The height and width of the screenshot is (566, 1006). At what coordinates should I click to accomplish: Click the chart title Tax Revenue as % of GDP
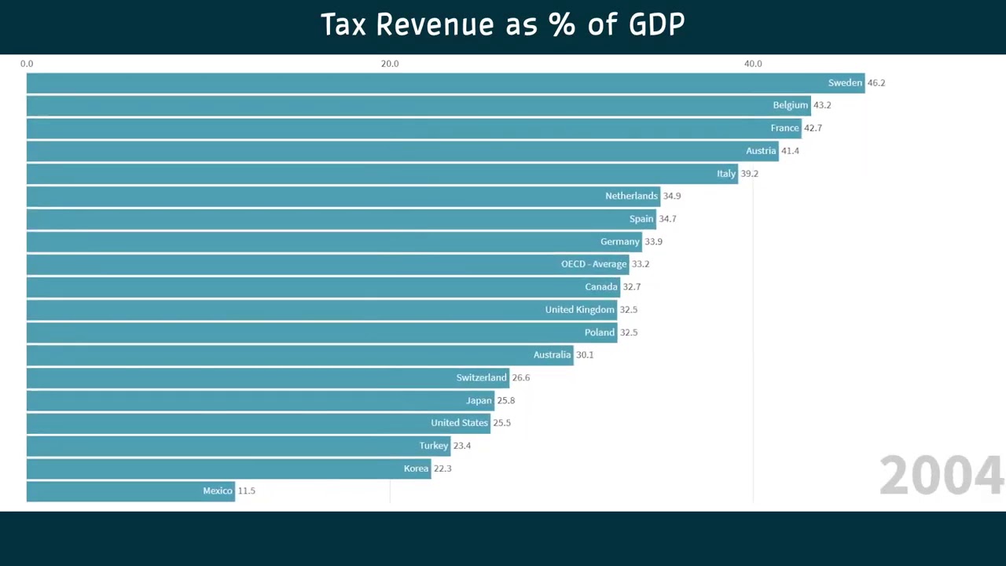(x=503, y=25)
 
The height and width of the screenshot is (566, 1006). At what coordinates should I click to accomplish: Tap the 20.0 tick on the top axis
(x=390, y=64)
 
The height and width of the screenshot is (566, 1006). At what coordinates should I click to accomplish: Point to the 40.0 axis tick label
(x=753, y=64)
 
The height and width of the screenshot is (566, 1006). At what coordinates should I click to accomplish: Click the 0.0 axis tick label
(x=27, y=64)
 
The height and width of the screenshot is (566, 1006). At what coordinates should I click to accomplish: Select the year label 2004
(x=941, y=476)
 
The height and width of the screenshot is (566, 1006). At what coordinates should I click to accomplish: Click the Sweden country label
(x=845, y=83)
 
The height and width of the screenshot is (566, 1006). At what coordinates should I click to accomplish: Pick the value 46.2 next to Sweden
(x=876, y=83)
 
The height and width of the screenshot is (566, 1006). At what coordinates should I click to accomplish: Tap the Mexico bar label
(x=218, y=491)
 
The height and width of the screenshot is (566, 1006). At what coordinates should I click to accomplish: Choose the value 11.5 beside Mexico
(x=247, y=491)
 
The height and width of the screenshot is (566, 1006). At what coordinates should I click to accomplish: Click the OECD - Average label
(x=593, y=264)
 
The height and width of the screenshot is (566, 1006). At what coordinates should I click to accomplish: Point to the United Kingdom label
(x=579, y=310)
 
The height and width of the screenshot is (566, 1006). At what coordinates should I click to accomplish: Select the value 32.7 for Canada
(x=632, y=287)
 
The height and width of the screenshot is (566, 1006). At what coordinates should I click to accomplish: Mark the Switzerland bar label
(x=481, y=378)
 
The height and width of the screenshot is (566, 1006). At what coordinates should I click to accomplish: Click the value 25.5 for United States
(x=501, y=423)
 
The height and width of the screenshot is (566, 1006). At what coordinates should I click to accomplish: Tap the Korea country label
(x=417, y=469)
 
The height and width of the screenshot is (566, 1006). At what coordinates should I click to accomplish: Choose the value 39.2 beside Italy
(x=749, y=174)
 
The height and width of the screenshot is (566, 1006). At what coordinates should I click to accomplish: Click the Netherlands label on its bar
(x=631, y=196)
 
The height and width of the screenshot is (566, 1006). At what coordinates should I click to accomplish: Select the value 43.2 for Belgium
(x=822, y=105)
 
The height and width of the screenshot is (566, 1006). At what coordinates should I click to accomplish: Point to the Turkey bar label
(x=433, y=446)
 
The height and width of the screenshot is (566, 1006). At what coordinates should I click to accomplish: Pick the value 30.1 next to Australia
(x=585, y=355)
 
